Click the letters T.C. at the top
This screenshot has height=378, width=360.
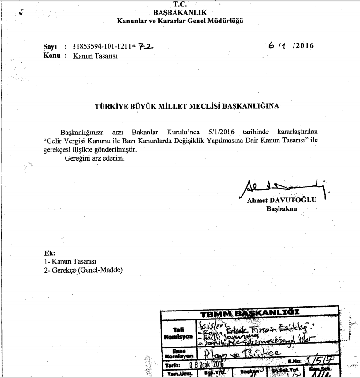[179, 4]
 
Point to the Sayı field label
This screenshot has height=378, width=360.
[50, 46]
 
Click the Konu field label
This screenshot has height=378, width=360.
[52, 55]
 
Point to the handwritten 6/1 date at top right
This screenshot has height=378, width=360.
[276, 46]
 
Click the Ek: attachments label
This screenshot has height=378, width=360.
[49, 252]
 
